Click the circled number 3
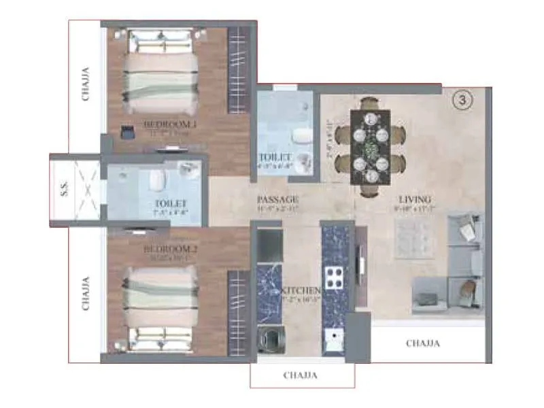click(462, 101)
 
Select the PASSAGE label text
click(278, 200)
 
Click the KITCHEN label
click(301, 291)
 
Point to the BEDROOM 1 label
click(169, 124)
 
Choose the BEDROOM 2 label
click(169, 250)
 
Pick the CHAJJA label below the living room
click(423, 343)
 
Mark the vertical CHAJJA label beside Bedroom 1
click(86, 84)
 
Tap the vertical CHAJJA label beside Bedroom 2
click(86, 293)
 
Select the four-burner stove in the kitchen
click(335, 277)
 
